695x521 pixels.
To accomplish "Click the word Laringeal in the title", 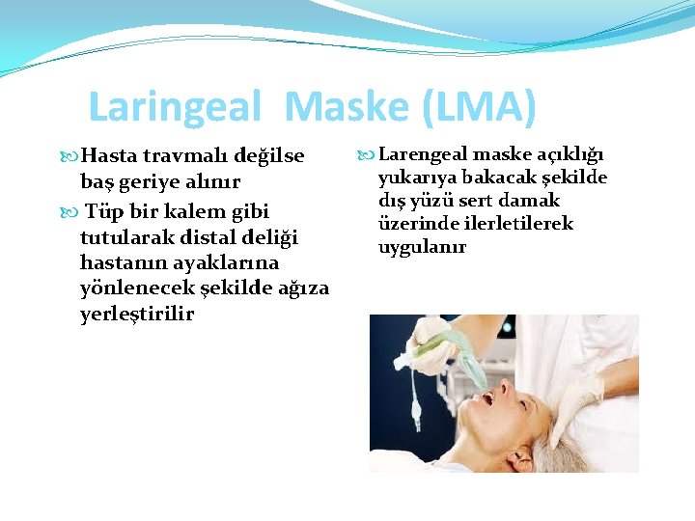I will click(174, 107).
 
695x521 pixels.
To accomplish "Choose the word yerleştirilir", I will click(137, 314).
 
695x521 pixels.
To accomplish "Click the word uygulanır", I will click(422, 247).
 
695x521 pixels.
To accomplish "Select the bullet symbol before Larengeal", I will click(364, 154).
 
